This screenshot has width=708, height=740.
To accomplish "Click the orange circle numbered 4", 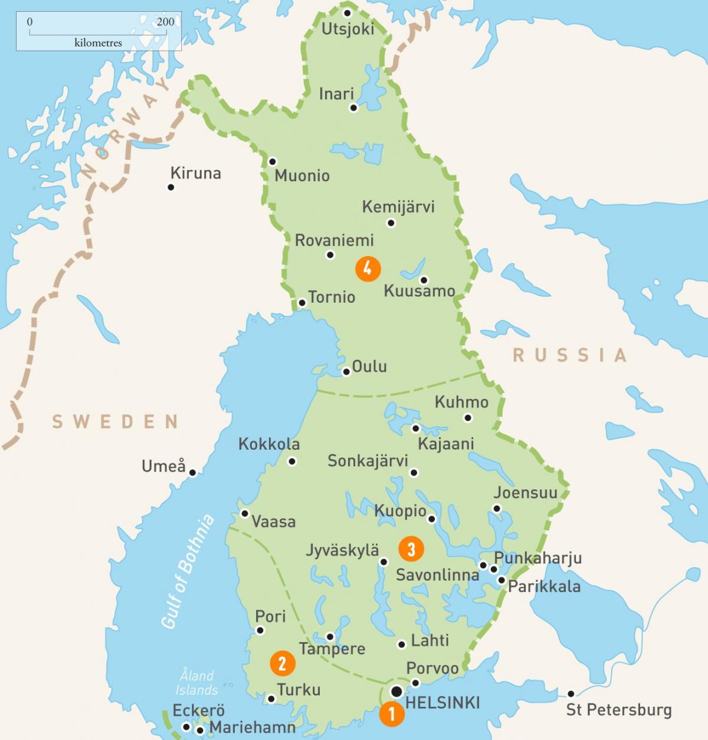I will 368,269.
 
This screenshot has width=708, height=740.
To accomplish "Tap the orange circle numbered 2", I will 282,663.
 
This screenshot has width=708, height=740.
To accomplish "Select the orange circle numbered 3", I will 411,549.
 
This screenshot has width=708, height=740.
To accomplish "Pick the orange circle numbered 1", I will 392,714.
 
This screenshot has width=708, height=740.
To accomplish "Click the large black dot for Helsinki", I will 397,691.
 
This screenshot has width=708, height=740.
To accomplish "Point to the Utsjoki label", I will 348,29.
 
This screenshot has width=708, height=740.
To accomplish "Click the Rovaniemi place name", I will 334,240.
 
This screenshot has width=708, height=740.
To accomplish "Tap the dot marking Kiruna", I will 171,187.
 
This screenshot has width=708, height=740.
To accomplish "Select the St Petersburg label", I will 618,709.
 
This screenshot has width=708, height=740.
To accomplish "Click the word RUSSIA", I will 569,355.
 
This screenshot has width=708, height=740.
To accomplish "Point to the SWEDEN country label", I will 115,421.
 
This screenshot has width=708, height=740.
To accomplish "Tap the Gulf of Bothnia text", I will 187,571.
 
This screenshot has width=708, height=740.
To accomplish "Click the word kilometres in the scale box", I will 98,42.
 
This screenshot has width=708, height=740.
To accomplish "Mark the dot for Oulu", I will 346,372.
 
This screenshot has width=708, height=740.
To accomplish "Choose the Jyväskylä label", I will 342,550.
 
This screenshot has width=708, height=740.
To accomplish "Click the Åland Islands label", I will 196,682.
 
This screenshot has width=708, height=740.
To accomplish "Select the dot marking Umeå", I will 192,472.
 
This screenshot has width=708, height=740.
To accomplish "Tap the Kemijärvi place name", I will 398,207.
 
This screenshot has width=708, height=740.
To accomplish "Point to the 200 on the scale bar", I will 165,22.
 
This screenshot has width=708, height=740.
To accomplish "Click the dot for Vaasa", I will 245,513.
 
